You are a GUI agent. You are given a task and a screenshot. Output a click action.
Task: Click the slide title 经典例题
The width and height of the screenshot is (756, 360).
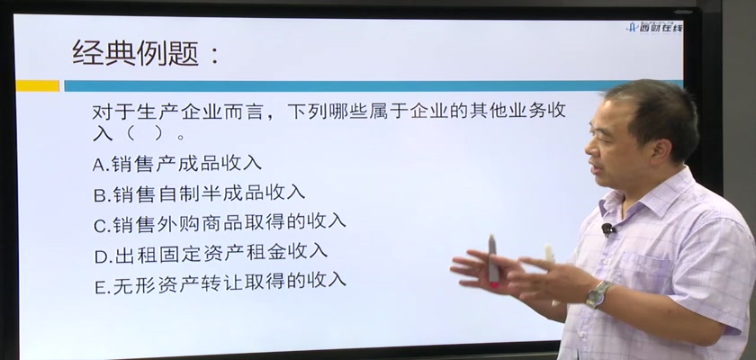[136, 52]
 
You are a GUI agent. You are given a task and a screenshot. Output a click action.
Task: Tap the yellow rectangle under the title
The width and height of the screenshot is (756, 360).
[38, 85]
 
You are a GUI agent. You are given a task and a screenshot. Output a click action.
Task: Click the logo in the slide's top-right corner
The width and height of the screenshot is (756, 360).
[654, 27]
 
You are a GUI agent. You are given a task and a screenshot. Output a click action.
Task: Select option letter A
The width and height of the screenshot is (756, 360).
[100, 165]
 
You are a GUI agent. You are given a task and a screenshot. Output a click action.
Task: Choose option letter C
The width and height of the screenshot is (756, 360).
[101, 225]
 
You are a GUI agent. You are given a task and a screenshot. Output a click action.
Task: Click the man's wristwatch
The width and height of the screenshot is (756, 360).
[598, 294]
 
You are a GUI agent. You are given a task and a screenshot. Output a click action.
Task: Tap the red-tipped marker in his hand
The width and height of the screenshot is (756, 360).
[493, 262]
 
